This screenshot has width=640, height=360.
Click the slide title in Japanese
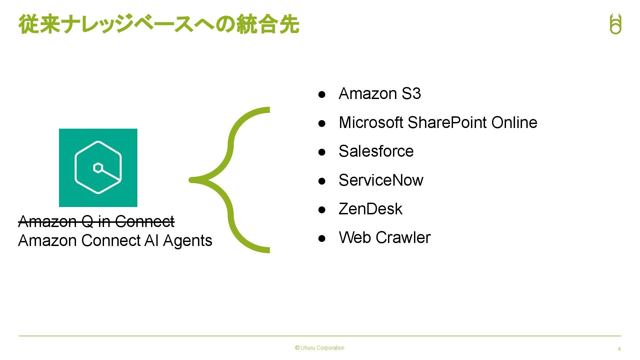(x=159, y=24)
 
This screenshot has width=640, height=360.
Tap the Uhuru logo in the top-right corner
(x=615, y=24)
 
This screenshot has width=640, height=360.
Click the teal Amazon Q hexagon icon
(x=98, y=168)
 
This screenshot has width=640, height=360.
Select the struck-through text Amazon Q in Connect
(x=96, y=221)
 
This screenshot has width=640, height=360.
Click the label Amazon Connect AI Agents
(x=115, y=241)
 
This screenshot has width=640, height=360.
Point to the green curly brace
(x=230, y=180)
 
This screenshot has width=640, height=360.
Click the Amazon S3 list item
(x=380, y=94)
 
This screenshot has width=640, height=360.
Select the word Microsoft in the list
(x=371, y=123)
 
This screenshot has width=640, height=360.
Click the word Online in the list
(x=514, y=123)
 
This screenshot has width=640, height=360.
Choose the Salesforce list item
(x=376, y=151)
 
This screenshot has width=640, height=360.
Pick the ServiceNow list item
(x=381, y=180)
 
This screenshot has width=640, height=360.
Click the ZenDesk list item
(x=370, y=209)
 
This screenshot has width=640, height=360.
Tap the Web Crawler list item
(x=385, y=238)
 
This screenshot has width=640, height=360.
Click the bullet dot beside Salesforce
(x=322, y=152)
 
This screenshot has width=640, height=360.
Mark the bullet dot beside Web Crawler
(x=322, y=239)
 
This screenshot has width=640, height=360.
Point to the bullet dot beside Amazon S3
(x=322, y=95)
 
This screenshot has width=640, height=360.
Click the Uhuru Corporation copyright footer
(x=320, y=348)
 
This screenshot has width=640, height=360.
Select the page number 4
(x=619, y=349)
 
